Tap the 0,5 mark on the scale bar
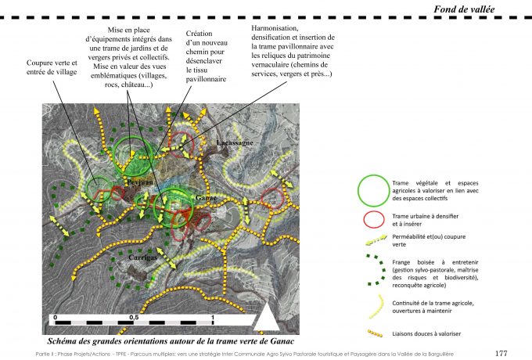(x=134, y=316)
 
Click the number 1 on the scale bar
(x=212, y=316)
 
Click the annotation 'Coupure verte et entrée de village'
(x=53, y=68)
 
